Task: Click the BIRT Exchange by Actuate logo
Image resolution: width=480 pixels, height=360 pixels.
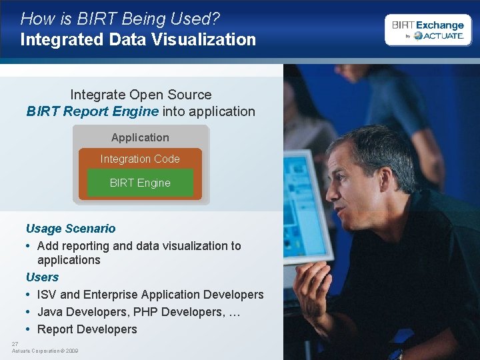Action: [427, 30]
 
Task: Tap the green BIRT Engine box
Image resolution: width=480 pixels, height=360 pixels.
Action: [140, 183]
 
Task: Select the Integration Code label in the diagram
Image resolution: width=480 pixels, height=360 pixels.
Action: [140, 159]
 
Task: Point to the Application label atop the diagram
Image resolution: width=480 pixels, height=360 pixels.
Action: [140, 137]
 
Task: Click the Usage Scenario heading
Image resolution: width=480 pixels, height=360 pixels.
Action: [70, 229]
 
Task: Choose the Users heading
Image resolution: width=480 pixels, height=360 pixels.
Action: [42, 277]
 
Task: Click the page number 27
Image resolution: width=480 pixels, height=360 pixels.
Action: [15, 343]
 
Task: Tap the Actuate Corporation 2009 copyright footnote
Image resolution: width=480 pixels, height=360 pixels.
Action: [45, 351]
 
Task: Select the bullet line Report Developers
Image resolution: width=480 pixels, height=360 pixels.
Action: [87, 329]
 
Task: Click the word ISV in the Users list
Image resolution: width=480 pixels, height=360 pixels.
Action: [47, 294]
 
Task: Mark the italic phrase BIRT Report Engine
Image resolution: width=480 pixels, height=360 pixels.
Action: [93, 111]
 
